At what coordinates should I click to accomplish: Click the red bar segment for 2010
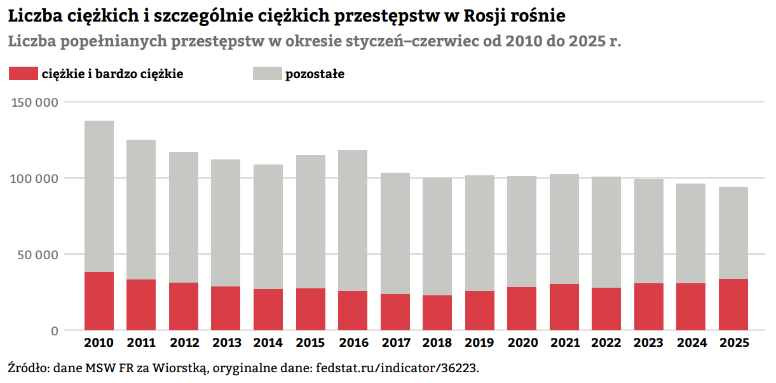pos(99,301)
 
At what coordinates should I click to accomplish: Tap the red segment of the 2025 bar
pos(733,304)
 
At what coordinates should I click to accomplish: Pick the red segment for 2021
pos(564,307)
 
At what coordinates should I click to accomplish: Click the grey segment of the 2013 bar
pos(226,223)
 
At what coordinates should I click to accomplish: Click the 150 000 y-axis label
pos(36,102)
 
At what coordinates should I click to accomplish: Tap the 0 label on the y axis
pos(54,331)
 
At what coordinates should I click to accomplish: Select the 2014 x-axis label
pos(268,344)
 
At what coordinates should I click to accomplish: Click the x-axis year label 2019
pos(479,344)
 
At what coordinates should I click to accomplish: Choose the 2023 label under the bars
pos(648,344)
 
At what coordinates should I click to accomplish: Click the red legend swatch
pos(23,74)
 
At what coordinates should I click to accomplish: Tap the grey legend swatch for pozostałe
pos(266,74)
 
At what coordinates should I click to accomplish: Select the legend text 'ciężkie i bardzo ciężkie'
pos(112,74)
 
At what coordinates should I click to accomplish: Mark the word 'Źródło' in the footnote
pos(27,368)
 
